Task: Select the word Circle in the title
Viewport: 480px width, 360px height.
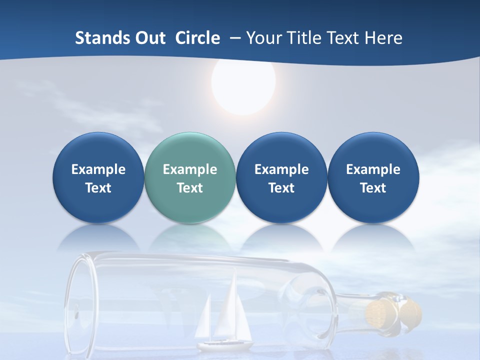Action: click(x=197, y=38)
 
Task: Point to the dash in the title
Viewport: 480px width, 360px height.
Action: click(x=233, y=38)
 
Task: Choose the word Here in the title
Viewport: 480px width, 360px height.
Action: click(x=383, y=38)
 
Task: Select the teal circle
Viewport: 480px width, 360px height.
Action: click(x=190, y=177)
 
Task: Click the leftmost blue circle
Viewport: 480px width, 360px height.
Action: click(x=98, y=177)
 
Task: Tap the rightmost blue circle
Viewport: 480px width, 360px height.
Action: click(x=373, y=177)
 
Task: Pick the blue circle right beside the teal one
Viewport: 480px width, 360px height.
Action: click(x=281, y=177)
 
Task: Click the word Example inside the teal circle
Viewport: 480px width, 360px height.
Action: click(x=190, y=169)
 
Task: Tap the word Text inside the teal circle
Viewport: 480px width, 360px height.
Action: click(x=190, y=188)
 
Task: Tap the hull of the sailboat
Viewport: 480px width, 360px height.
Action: click(x=225, y=344)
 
